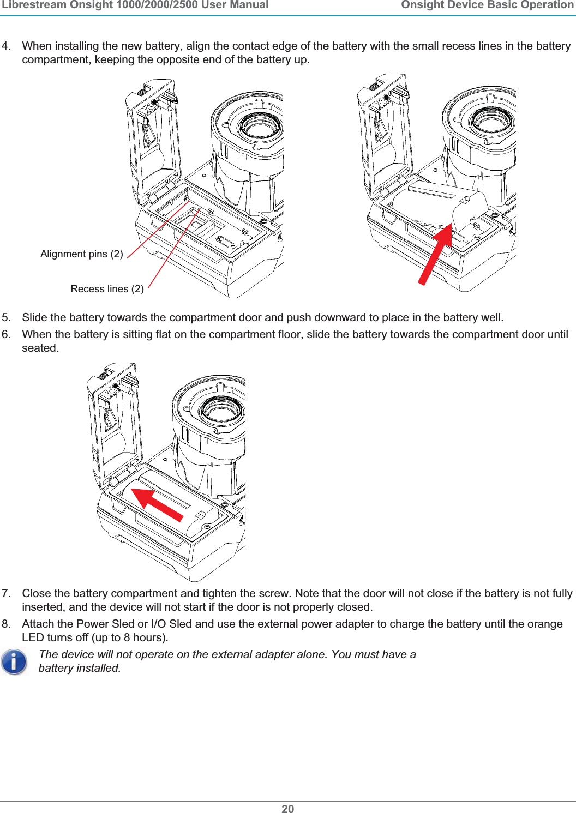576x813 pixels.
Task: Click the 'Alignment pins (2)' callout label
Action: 82,254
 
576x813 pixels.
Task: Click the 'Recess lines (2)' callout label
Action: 107,289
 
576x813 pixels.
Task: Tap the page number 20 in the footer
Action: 287,809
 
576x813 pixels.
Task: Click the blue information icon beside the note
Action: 14,662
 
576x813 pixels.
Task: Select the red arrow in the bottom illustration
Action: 158,504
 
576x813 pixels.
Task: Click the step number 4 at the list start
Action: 6,46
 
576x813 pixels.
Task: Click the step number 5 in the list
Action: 6,317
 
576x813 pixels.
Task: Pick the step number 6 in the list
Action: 6,334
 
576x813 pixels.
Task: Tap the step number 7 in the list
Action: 6,593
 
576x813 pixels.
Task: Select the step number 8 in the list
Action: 6,624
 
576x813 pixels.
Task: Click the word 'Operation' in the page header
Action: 545,5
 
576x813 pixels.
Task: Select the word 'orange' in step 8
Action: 545,624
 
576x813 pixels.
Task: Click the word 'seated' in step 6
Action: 39,348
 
